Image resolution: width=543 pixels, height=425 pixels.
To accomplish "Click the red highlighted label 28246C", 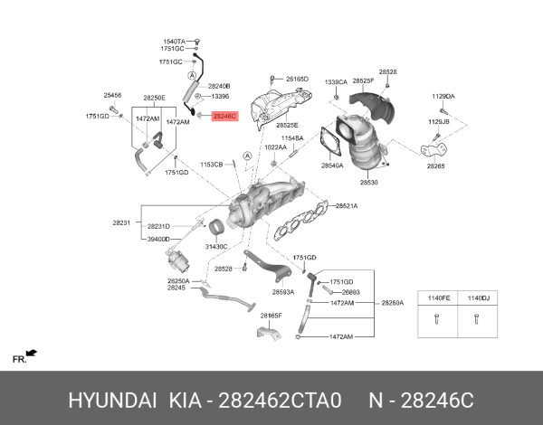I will tap(224, 117).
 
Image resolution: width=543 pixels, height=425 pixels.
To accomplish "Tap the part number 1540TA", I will tap(173, 42).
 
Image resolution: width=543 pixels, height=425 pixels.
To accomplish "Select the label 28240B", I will tap(220, 85).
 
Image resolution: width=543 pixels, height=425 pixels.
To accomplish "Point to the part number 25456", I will tap(112, 94).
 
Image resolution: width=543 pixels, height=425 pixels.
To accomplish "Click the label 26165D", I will tap(297, 80).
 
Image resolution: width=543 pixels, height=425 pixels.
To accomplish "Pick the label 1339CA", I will tap(336, 80).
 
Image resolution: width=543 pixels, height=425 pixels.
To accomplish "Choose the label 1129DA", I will tap(443, 96).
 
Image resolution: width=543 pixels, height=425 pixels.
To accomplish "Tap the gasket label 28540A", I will tap(332, 166).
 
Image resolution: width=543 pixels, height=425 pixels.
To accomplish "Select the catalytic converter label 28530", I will tap(368, 183).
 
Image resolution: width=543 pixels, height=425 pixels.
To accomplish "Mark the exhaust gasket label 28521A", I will tap(347, 206).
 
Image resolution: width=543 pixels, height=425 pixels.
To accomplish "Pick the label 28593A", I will tap(283, 292).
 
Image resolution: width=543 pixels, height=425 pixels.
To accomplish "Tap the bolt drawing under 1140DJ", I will tap(476, 318).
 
